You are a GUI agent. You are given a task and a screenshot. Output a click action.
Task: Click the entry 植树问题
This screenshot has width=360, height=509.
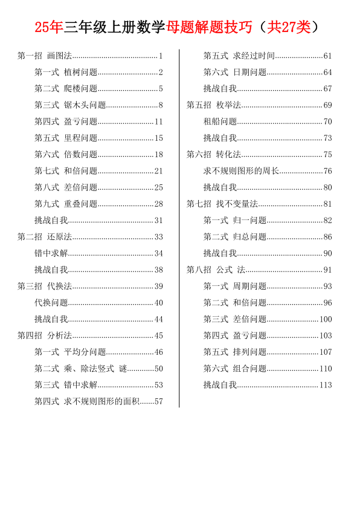[81, 73]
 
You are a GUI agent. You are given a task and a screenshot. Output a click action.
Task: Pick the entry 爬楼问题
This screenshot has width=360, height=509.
[81, 89]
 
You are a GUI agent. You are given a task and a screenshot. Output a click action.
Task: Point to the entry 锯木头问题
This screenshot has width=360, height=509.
[85, 105]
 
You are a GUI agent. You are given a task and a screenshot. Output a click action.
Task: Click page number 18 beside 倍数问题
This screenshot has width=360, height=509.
[159, 154]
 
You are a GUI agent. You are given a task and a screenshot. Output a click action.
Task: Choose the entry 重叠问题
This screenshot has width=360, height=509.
[81, 204]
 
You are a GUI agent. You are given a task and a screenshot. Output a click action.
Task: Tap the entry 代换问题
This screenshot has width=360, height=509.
[51, 302]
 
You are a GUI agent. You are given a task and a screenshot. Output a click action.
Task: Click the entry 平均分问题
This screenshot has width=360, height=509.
[85, 352]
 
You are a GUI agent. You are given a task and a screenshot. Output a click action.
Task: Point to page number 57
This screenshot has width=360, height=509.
[159, 401]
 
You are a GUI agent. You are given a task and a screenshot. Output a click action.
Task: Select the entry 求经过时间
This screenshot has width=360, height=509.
[254, 56]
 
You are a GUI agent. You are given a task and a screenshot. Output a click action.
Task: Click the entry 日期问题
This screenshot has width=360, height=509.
[250, 73]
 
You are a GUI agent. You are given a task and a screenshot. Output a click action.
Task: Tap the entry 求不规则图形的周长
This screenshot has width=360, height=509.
[242, 171]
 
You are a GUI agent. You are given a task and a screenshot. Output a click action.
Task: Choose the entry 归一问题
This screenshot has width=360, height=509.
[250, 220]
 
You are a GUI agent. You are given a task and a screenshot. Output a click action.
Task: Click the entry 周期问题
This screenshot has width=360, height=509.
[250, 286]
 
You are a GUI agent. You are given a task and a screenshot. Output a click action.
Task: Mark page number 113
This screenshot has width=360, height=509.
[326, 384]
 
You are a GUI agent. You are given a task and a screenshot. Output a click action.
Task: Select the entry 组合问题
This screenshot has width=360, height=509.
[250, 368]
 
